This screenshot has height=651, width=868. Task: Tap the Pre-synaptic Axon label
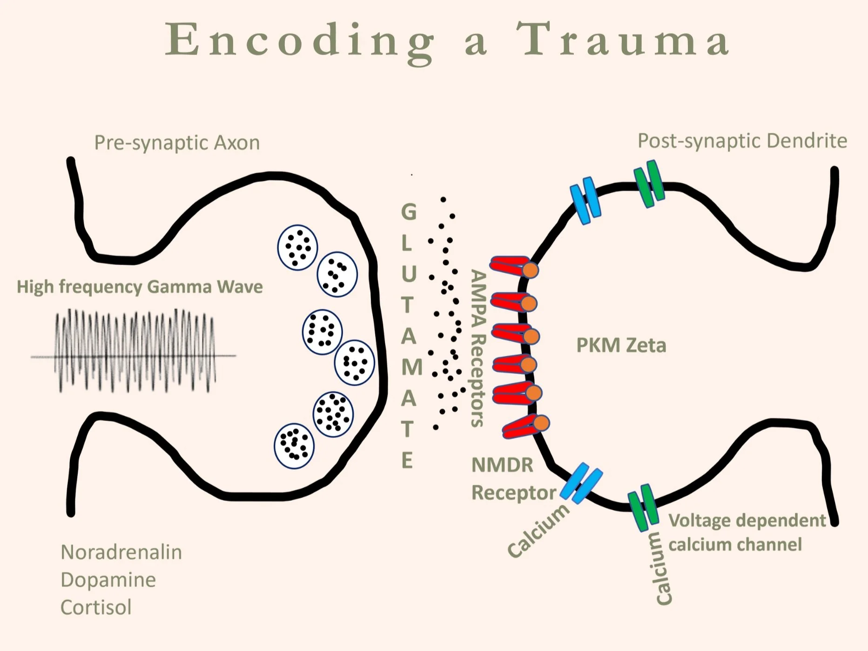(177, 142)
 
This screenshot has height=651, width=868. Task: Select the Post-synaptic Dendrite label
(742, 141)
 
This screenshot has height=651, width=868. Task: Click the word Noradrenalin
(121, 552)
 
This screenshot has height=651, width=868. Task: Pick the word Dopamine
(108, 580)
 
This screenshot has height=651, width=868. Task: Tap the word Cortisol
(96, 607)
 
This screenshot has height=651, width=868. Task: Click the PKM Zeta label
(621, 346)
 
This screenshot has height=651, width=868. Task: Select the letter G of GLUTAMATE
(409, 212)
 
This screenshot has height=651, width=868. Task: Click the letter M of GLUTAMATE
(411, 367)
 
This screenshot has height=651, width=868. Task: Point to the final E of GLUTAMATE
(407, 461)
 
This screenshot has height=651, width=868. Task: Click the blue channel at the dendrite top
(585, 201)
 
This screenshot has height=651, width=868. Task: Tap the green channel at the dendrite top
(649, 183)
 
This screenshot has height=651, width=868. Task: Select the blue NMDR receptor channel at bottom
(581, 483)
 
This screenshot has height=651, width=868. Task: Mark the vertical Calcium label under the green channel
(663, 569)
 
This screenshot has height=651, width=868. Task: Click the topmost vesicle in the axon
(297, 247)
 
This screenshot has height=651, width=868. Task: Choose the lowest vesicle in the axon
(294, 446)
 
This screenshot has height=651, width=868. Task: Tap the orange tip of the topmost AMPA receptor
(531, 270)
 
